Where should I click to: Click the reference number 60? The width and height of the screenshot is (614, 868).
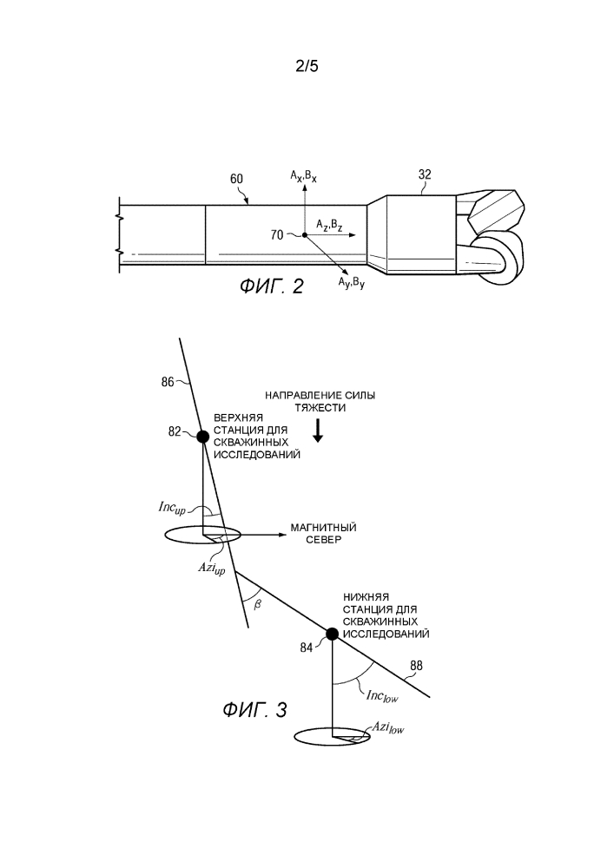point(237,180)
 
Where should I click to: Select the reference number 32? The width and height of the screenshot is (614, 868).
point(425,174)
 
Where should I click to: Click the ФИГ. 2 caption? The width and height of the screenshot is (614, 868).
point(272,287)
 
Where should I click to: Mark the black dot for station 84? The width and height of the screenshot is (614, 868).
point(332,633)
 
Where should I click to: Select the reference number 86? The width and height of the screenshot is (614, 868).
point(168,380)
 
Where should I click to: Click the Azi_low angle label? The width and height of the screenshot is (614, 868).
point(387,728)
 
